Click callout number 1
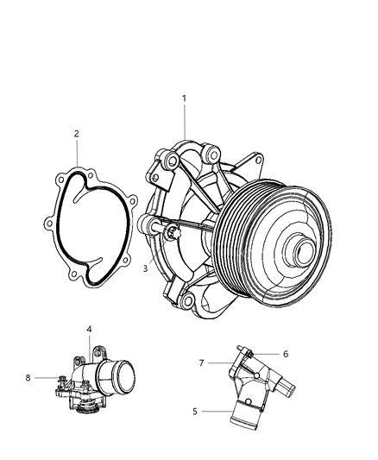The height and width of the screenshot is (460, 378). point(184,99)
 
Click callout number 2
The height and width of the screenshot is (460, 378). point(76,134)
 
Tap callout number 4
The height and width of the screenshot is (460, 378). point(89,329)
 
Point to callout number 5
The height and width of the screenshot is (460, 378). point(194,411)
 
